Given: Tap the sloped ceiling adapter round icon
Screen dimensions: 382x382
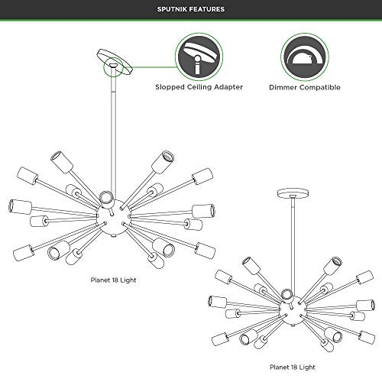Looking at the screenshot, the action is pos(199,57).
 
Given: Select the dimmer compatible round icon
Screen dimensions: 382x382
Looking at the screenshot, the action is pos(305,57).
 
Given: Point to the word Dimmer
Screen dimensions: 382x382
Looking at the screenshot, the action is pos(283,87).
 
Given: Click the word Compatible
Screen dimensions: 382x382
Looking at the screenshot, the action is pos(320,87).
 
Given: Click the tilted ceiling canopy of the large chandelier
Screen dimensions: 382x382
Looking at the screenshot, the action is pos(115,62).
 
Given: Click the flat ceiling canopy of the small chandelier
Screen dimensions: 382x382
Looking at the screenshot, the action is pos(293,193).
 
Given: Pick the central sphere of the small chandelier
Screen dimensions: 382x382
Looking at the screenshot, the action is pos(293,311).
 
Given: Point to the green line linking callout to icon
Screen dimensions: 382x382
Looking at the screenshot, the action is pos(154,67).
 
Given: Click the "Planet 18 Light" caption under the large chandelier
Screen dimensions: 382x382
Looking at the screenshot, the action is pos(113,280).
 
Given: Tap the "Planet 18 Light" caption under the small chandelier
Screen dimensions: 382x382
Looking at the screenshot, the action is pos(293,367).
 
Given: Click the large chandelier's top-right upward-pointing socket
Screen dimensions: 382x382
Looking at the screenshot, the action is pos(163,162).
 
